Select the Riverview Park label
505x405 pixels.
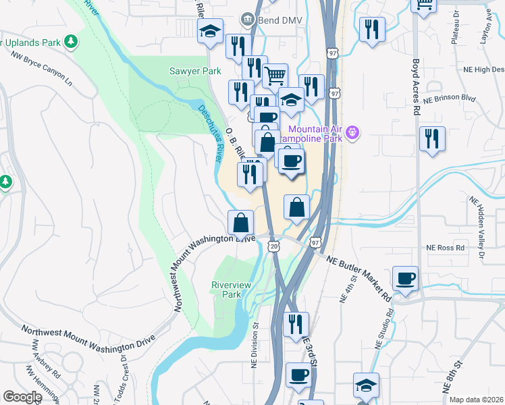[x=231, y=290]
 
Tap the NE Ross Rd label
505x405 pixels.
[x=446, y=248]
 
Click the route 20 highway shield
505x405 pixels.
[x=273, y=248]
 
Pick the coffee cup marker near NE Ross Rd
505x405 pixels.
[x=405, y=279]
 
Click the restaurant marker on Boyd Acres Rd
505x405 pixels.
[x=432, y=138]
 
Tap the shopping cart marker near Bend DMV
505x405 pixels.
[x=275, y=76]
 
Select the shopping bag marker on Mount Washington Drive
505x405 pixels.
[x=241, y=223]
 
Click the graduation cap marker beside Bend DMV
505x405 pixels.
[x=210, y=30]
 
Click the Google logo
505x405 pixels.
[x=22, y=397]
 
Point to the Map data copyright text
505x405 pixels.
[x=477, y=400]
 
